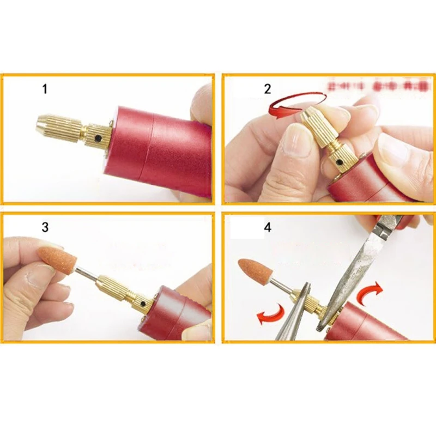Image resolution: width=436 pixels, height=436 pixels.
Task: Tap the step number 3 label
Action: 45,227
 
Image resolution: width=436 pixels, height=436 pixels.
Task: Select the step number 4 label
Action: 267,227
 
